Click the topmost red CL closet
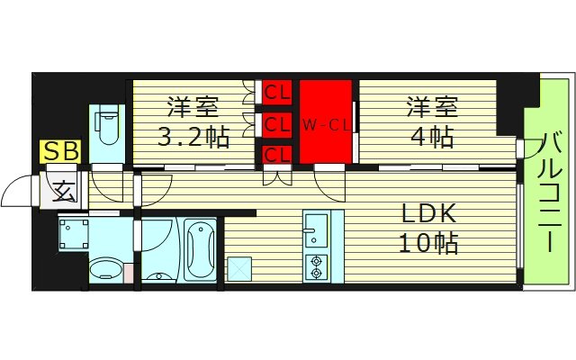click(x=276, y=92)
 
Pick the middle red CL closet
click(x=276, y=123)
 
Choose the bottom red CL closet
click(x=276, y=155)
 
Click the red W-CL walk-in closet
click(x=325, y=123)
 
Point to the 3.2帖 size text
click(x=193, y=138)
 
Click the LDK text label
click(x=430, y=213)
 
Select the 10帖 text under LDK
click(x=430, y=243)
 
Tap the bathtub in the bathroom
click(x=200, y=247)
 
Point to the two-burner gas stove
click(x=317, y=266)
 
